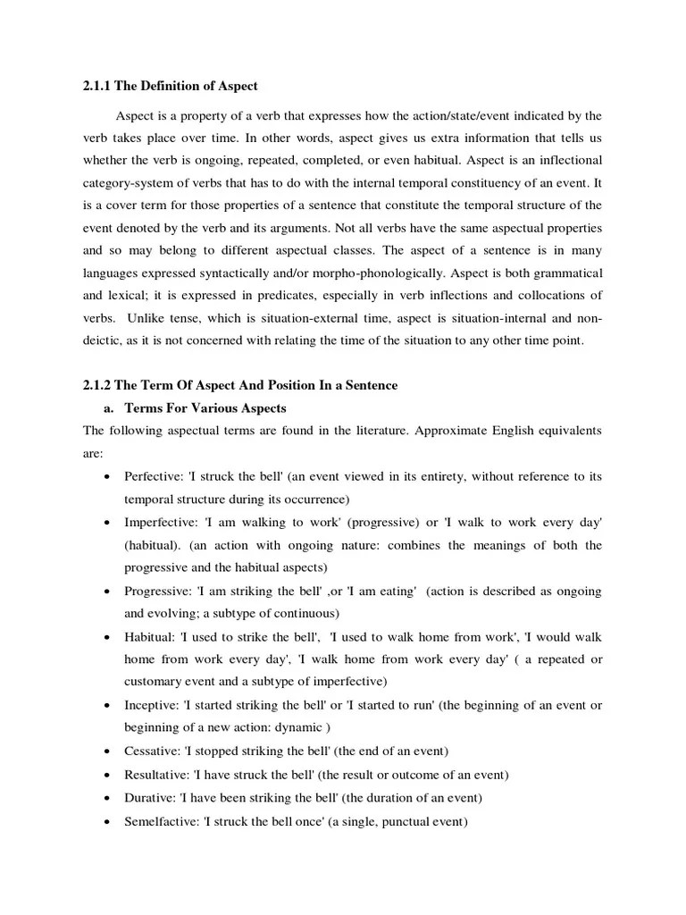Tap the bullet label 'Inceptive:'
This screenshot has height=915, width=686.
(x=152, y=705)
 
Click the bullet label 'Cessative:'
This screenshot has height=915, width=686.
(x=154, y=751)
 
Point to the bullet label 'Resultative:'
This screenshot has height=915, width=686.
(x=158, y=774)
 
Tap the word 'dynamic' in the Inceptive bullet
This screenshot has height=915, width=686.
(x=291, y=727)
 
